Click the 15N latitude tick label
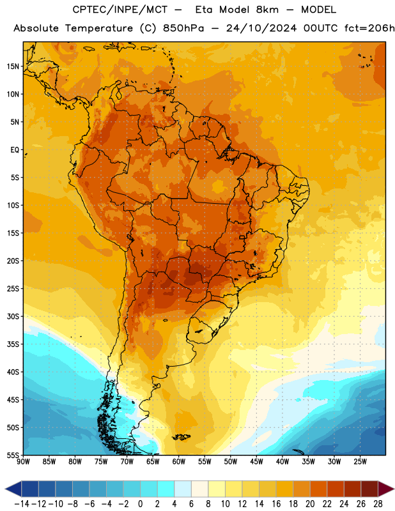(x=13, y=66)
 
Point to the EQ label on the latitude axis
(x=15, y=150)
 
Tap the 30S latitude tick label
(x=13, y=316)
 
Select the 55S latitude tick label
(x=13, y=455)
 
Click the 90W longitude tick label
(x=24, y=461)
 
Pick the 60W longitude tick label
(x=179, y=461)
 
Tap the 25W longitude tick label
(x=360, y=461)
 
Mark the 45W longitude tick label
(x=256, y=461)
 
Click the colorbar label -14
(x=22, y=504)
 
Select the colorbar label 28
(x=378, y=504)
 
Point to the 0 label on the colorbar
(x=140, y=504)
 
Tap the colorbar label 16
(x=276, y=504)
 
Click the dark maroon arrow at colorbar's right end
(x=385, y=489)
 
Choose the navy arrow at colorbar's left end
(x=13, y=489)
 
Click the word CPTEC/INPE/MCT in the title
(x=120, y=10)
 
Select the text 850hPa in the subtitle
(x=183, y=28)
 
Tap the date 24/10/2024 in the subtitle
(x=261, y=28)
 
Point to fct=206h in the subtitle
(x=369, y=28)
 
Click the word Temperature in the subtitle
(x=99, y=28)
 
